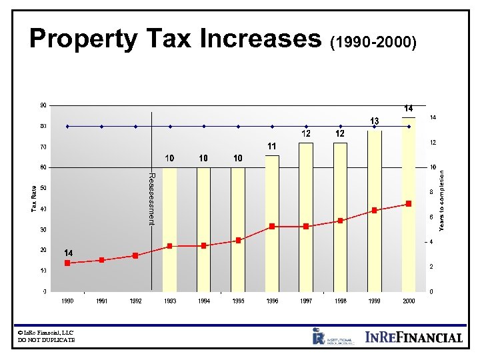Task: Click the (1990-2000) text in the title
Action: [x=374, y=43]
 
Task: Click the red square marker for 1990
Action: [x=67, y=263]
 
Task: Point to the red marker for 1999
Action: [x=375, y=210]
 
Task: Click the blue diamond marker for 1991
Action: [x=101, y=126]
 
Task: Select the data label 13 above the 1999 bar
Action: [x=375, y=121]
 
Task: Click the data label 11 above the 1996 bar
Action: [x=272, y=146]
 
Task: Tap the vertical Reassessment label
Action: [x=151, y=199]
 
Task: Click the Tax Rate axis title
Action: [x=34, y=199]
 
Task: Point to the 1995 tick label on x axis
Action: [x=238, y=301]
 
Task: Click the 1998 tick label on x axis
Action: [x=340, y=301]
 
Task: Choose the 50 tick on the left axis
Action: [x=43, y=189]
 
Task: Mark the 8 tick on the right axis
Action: [x=432, y=192]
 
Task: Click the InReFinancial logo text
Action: [x=413, y=337]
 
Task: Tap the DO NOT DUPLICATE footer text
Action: [x=47, y=340]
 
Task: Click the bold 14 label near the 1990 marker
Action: [x=67, y=253]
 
